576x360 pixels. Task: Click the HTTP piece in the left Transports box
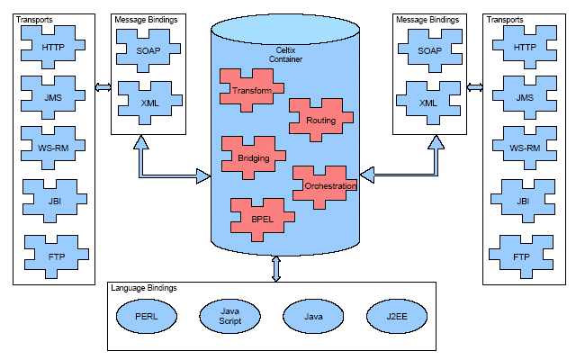pyautogui.click(x=53, y=48)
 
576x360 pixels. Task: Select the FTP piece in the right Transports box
pyautogui.click(x=520, y=256)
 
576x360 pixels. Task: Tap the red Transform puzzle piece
pyautogui.click(x=251, y=91)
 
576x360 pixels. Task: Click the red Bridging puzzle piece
pyautogui.click(x=253, y=158)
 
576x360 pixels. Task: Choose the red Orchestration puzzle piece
pyautogui.click(x=329, y=185)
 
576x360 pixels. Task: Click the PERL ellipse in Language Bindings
pyautogui.click(x=147, y=317)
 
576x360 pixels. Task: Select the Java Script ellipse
pyautogui.click(x=230, y=317)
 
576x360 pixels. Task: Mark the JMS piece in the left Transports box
pyautogui.click(x=53, y=97)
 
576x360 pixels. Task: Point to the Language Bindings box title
pyautogui.click(x=144, y=288)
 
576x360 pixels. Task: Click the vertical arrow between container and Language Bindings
pyautogui.click(x=275, y=268)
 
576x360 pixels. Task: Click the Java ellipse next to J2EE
pyautogui.click(x=314, y=317)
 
